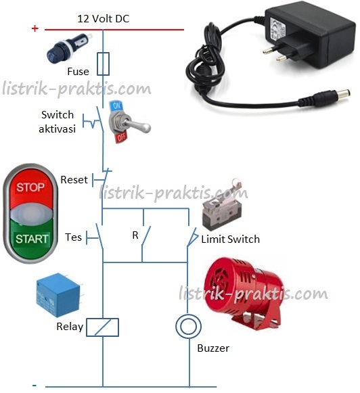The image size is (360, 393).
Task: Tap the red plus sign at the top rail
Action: (x=35, y=28)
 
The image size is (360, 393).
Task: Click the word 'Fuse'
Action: (x=78, y=71)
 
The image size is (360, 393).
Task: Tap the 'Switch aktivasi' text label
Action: (x=57, y=122)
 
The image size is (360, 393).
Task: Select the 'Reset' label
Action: (x=74, y=180)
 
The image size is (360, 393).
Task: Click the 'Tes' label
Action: (x=73, y=237)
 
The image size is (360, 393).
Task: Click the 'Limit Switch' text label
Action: (x=230, y=239)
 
